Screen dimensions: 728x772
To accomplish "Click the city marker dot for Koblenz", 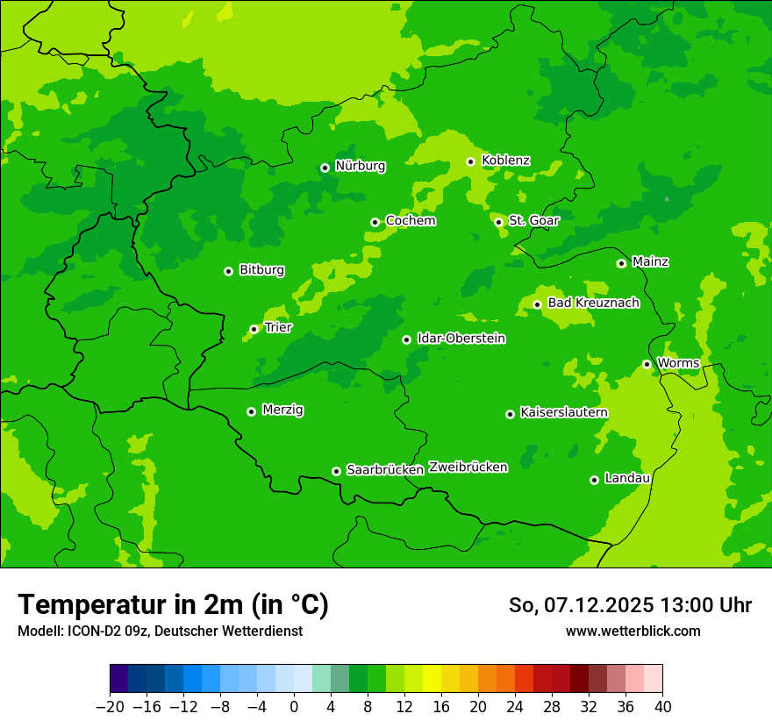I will click(x=471, y=161).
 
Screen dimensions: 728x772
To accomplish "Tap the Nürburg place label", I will click(x=360, y=166).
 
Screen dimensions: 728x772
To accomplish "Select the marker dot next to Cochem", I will click(x=375, y=222).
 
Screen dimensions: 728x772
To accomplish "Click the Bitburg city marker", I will click(x=229, y=271).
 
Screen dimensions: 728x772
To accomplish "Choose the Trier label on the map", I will click(x=278, y=327).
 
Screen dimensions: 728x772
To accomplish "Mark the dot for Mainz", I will click(x=622, y=263).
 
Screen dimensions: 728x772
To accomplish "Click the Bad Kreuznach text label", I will click(x=593, y=303).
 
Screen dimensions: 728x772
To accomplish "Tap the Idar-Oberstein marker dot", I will click(x=407, y=339).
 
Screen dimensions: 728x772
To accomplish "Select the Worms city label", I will click(x=678, y=363).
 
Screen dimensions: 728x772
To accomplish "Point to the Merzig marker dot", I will click(x=252, y=411).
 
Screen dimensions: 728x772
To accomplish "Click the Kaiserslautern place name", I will click(x=564, y=412).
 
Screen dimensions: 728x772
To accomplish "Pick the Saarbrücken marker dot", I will click(x=336, y=471).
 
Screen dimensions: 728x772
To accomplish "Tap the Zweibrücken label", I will click(x=468, y=467).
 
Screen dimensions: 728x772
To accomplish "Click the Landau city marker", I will click(x=595, y=480).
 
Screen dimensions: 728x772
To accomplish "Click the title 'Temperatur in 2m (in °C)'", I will click(x=173, y=604).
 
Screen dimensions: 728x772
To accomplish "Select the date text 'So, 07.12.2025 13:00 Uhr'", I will click(x=630, y=605).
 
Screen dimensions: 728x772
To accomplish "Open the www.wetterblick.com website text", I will click(x=633, y=632).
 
